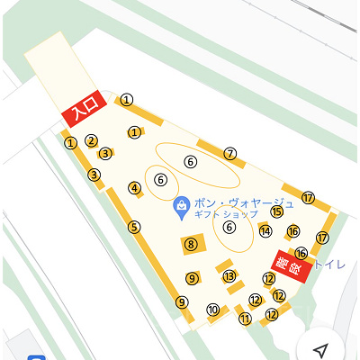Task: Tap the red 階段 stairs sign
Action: [292, 263]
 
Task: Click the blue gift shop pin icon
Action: [181, 207]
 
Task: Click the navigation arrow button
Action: [321, 349]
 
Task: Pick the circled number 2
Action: [91, 140]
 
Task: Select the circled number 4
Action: [135, 188]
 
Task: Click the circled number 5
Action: [134, 227]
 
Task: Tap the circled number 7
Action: [230, 154]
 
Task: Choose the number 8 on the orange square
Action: [191, 244]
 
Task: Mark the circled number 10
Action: [213, 310]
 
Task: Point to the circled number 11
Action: [244, 317]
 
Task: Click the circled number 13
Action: [229, 276]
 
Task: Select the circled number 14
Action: [265, 230]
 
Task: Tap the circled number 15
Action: [277, 211]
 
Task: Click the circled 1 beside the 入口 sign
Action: [128, 100]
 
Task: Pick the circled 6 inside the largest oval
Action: [190, 161]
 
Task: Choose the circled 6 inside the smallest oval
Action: [161, 179]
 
